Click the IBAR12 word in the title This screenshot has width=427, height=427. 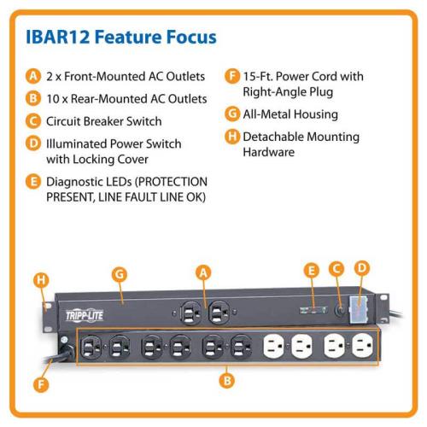(58, 37)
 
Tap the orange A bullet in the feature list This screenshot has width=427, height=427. (33, 76)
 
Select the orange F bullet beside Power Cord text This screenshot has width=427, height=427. (232, 76)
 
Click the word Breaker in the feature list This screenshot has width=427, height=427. (103, 121)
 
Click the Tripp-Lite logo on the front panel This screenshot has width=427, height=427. (85, 315)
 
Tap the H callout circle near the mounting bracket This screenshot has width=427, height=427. (41, 280)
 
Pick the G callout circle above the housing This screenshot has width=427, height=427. (120, 274)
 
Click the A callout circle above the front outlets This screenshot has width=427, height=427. (203, 272)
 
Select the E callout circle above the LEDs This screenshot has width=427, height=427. (312, 271)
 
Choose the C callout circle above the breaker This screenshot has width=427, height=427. (336, 269)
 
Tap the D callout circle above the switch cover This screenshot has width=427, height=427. (362, 268)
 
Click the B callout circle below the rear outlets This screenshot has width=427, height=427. (227, 380)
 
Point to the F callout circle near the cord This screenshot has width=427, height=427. (41, 385)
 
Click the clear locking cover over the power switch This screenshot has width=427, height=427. (358, 309)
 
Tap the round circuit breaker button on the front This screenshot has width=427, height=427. (340, 310)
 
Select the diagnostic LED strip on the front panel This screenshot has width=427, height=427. (313, 310)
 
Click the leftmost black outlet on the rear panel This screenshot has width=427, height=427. (91, 347)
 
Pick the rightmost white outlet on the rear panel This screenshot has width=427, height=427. (362, 345)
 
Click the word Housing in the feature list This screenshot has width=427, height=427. (316, 114)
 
